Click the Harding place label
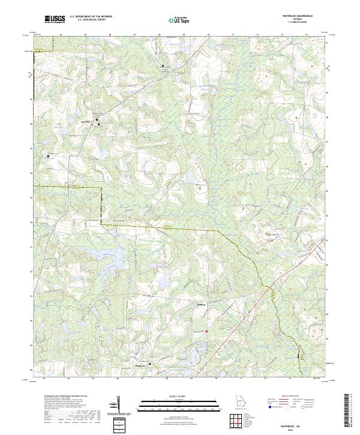click(201, 304)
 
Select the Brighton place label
click(140, 364)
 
